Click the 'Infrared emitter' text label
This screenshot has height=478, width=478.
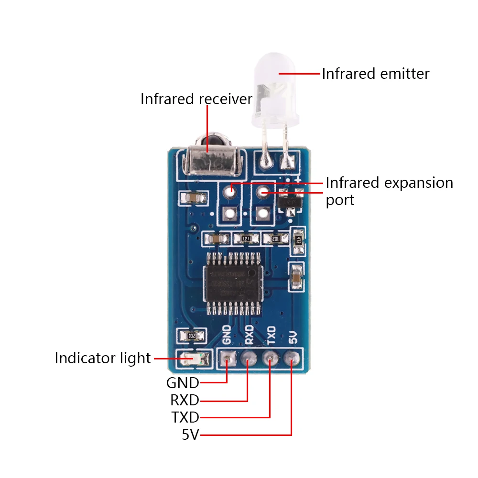375,74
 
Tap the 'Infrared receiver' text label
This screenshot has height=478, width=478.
196,99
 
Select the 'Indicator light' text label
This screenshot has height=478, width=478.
103,358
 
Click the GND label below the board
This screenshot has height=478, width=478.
182,383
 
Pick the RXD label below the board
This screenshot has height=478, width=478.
185,400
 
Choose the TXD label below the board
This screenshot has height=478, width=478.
185,417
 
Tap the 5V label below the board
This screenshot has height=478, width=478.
190,435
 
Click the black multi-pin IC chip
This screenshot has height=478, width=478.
233,283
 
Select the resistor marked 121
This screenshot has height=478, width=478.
245,238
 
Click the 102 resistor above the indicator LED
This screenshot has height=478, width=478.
191,336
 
